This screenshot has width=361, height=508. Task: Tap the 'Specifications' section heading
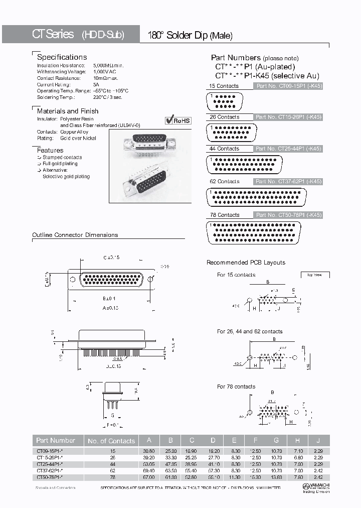click(x=62, y=57)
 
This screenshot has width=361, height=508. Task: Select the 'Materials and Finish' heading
click(x=68, y=111)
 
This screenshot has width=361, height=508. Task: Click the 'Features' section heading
click(x=50, y=150)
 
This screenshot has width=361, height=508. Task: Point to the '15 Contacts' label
click(x=224, y=86)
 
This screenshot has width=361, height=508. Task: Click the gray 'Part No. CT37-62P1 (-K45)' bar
click(x=288, y=182)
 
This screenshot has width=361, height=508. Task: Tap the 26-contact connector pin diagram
click(x=231, y=133)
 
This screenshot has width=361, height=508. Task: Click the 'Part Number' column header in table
click(x=56, y=440)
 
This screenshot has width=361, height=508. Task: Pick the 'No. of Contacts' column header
click(x=111, y=441)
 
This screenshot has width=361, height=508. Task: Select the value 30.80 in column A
click(x=149, y=451)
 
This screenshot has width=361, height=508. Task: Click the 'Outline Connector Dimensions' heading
click(x=75, y=235)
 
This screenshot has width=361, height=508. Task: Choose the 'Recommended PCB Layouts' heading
click(x=246, y=263)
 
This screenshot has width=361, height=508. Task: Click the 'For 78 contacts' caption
click(x=236, y=387)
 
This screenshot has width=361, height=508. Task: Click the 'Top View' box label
click(x=314, y=275)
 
